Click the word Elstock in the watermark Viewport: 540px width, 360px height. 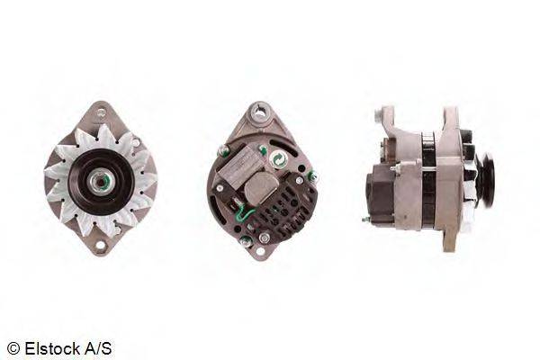click(x=52, y=348)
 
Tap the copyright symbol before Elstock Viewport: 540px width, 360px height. click(x=13, y=349)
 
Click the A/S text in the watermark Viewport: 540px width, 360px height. click(x=98, y=348)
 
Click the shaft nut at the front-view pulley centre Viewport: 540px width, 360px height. click(x=100, y=181)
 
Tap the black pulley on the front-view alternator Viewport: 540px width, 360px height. click(x=101, y=182)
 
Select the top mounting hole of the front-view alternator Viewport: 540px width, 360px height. click(x=101, y=112)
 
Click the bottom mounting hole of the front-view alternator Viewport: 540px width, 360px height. click(x=100, y=246)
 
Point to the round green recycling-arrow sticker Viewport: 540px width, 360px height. click(x=277, y=158)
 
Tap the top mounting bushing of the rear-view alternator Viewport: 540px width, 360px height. click(x=260, y=112)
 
